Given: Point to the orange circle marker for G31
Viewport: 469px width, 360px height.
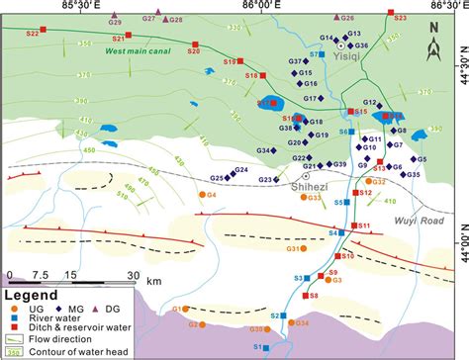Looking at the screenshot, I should click(x=304, y=248).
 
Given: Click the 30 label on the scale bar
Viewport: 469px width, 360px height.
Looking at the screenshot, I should click(x=132, y=275).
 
